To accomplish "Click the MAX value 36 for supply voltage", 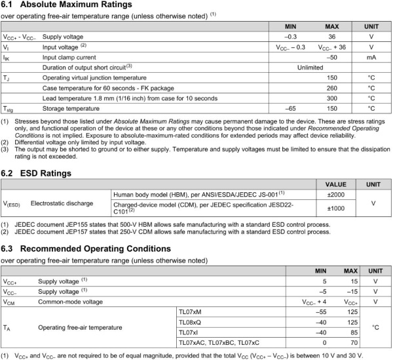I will (332, 37).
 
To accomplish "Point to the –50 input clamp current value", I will (332, 57).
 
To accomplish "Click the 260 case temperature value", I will (332, 88).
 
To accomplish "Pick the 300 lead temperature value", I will (332, 98).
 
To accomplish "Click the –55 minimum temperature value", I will (320, 312).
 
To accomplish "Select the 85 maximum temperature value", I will (350, 332).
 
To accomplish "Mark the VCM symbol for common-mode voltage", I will (10, 302).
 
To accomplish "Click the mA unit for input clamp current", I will (371, 57).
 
